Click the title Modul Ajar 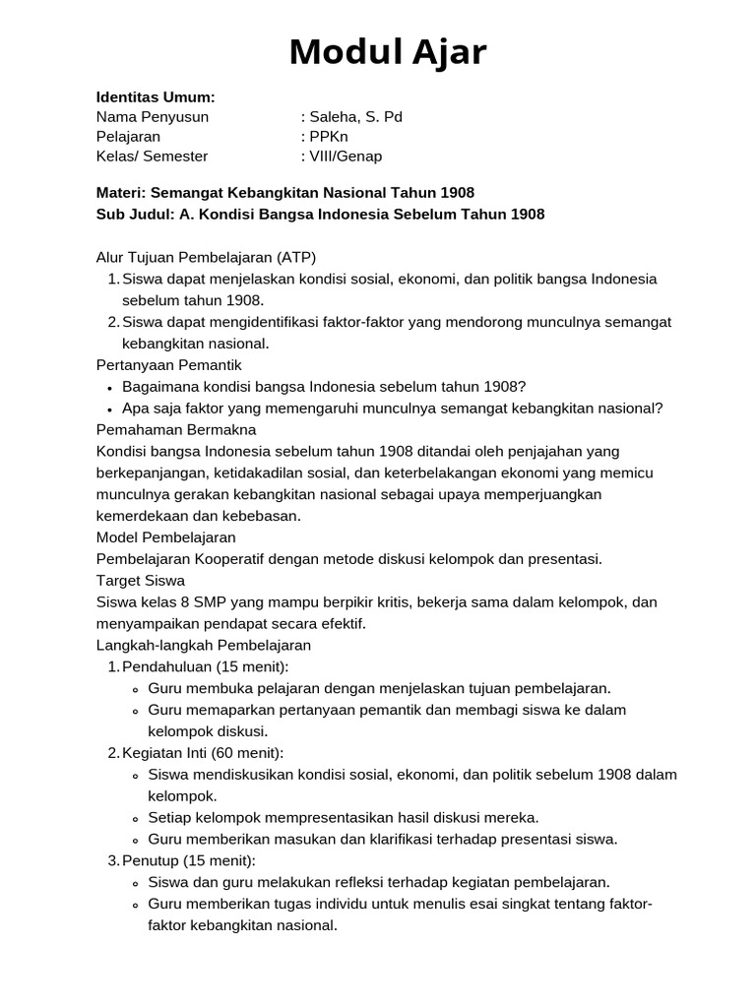pyautogui.click(x=388, y=52)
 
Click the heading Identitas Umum pyautogui.click(x=156, y=96)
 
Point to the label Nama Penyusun pyautogui.click(x=153, y=116)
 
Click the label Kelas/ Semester pyautogui.click(x=153, y=156)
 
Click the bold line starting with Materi pyautogui.click(x=291, y=192)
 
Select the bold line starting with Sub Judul pyautogui.click(x=320, y=214)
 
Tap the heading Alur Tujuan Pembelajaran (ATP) pyautogui.click(x=207, y=257)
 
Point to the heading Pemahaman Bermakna pyautogui.click(x=176, y=429)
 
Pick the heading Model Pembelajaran pyautogui.click(x=166, y=536)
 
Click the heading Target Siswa pyautogui.click(x=141, y=580)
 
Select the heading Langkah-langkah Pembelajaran pyautogui.click(x=204, y=645)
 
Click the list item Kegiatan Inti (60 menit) pyautogui.click(x=203, y=753)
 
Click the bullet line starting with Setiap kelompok pyautogui.click(x=343, y=817)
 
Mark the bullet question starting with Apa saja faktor pyautogui.click(x=392, y=408)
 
